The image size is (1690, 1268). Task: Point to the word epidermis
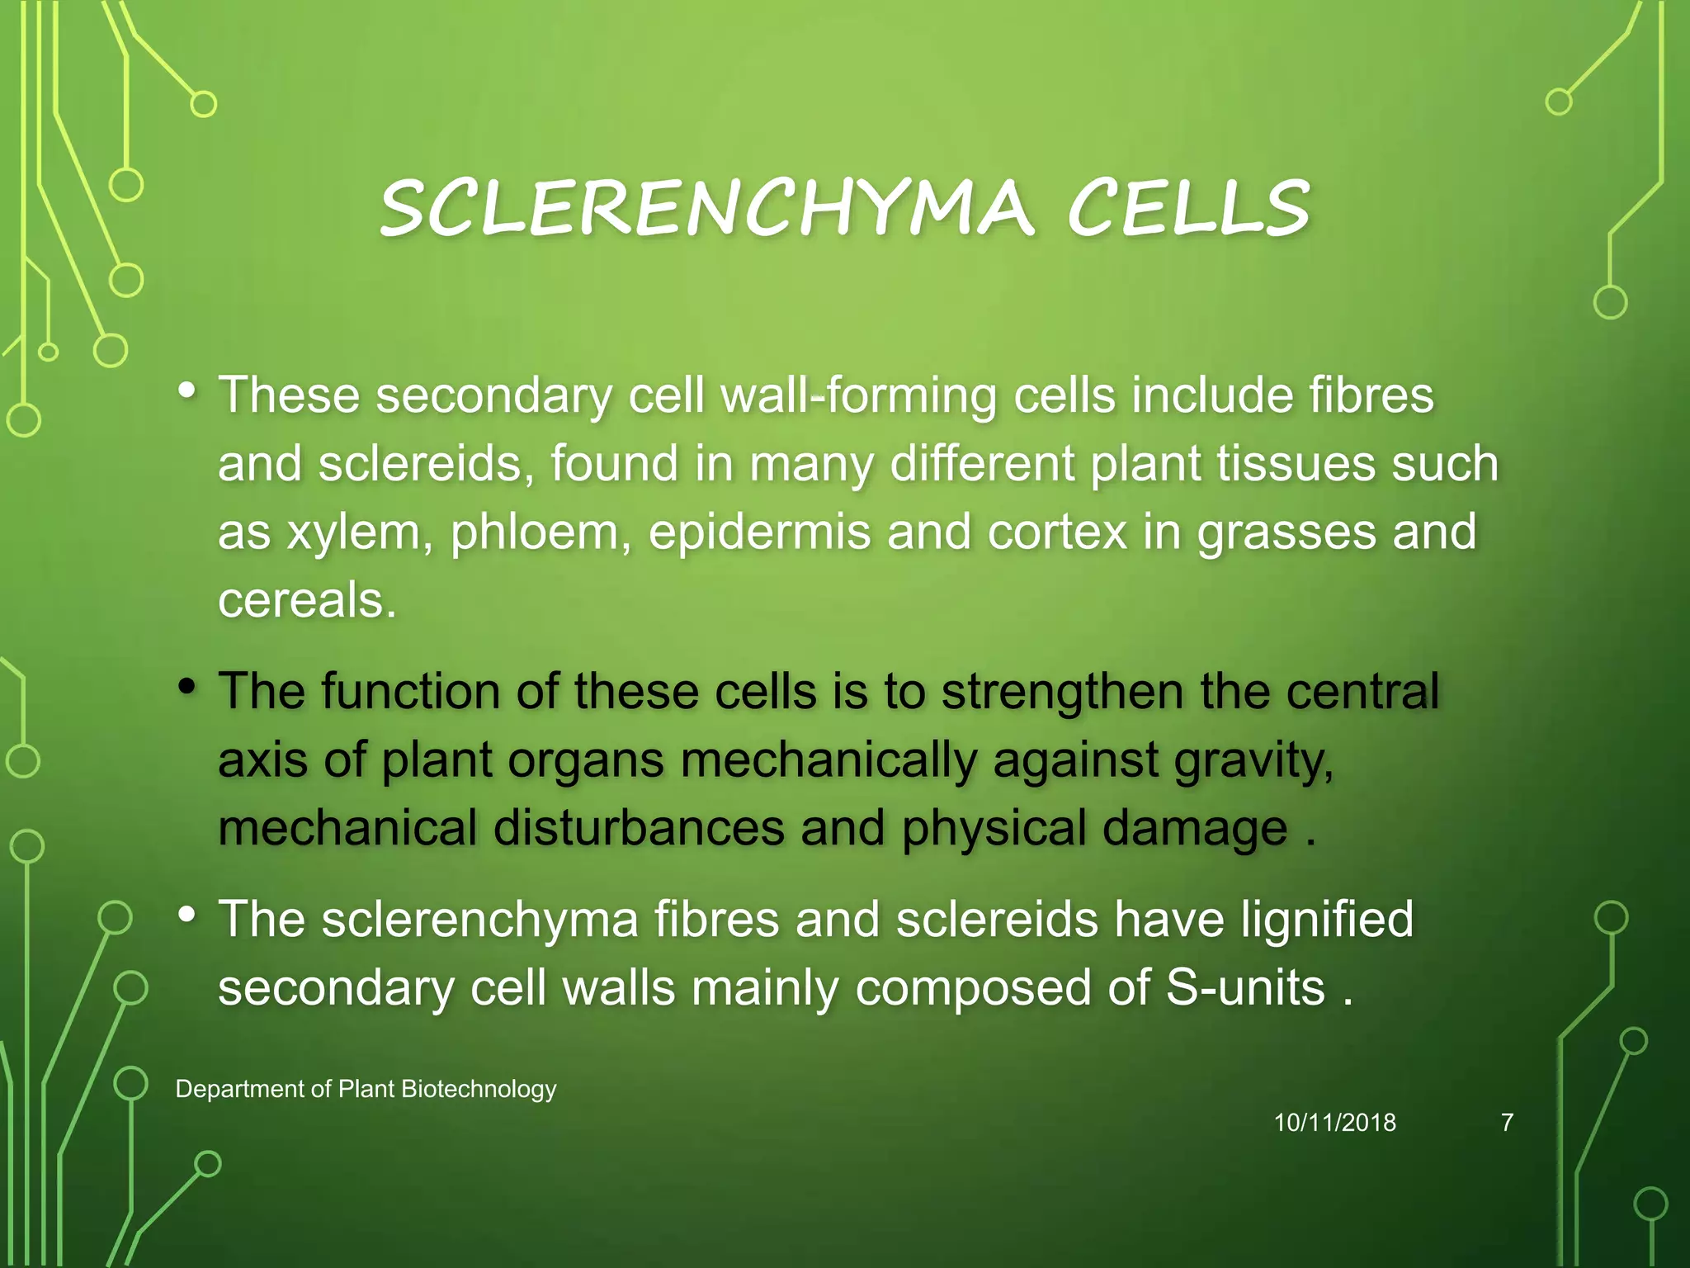point(759,532)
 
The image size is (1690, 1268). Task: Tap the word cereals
point(307,600)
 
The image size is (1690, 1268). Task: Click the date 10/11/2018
point(1334,1123)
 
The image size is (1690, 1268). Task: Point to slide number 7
point(1507,1123)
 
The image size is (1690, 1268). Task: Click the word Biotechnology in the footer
point(479,1090)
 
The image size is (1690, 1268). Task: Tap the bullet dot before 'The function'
point(187,686)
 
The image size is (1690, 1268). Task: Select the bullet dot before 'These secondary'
point(187,390)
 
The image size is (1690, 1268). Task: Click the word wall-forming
point(858,396)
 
